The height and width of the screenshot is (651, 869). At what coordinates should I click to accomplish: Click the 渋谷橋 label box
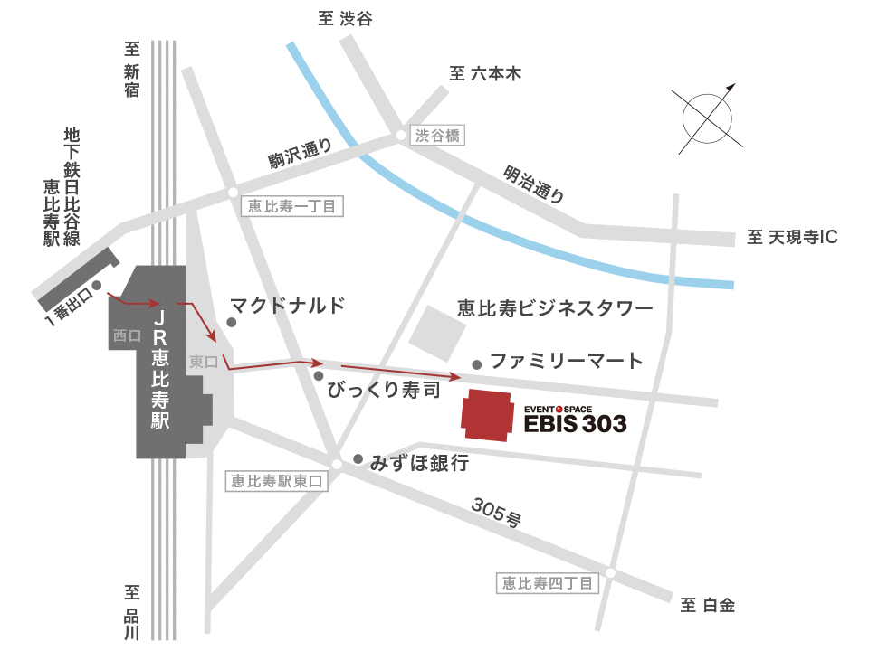pyautogui.click(x=438, y=136)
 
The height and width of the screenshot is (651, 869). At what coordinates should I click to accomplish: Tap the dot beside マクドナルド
pyautogui.click(x=232, y=322)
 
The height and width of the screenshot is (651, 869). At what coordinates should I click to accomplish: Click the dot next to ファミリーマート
pyautogui.click(x=477, y=364)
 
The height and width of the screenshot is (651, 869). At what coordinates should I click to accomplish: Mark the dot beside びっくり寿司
pyautogui.click(x=319, y=375)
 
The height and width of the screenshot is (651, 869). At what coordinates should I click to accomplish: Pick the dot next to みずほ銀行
pyautogui.click(x=358, y=458)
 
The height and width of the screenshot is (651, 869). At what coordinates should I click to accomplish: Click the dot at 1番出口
pyautogui.click(x=96, y=286)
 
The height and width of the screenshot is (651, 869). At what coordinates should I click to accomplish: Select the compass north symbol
pyautogui.click(x=706, y=116)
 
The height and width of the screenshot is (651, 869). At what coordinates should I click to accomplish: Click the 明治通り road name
pyautogui.click(x=535, y=184)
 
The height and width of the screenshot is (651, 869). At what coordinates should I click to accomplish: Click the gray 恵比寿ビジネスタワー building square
pyautogui.click(x=436, y=332)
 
